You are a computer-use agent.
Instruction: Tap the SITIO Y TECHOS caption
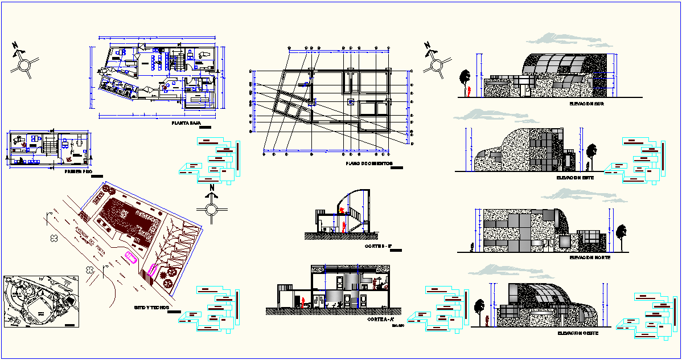tap(152, 307)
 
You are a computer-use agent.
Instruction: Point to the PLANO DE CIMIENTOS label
tap(369, 163)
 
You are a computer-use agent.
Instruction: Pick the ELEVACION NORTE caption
tap(590, 257)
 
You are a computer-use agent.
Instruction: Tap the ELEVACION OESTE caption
tap(578, 333)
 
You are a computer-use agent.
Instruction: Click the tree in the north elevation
tap(620, 234)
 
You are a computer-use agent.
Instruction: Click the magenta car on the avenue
tap(131, 257)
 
